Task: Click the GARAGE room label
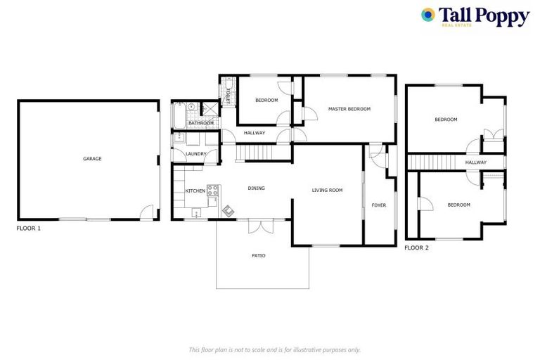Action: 92,159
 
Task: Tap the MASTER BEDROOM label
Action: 349,109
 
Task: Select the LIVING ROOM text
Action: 327,190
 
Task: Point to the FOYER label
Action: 379,205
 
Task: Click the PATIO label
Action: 259,255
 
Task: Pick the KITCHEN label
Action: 195,191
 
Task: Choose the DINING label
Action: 256,188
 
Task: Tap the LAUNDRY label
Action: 195,154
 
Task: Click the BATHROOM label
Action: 200,124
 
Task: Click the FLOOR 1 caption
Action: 30,229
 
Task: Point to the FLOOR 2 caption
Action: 417,247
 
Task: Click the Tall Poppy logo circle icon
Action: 427,15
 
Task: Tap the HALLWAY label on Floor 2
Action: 475,162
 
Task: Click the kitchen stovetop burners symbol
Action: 213,190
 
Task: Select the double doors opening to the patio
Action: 259,226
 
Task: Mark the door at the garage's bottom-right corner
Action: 146,212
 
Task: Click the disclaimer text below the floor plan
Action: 274,349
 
